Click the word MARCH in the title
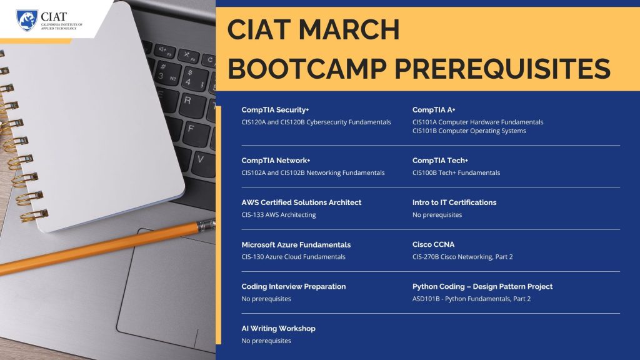pyautogui.click(x=349, y=30)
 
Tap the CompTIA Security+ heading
pyautogui.click(x=275, y=110)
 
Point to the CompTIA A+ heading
pyautogui.click(x=434, y=110)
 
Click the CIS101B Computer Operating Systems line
pyautogui.click(x=469, y=131)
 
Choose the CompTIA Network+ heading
pyautogui.click(x=276, y=161)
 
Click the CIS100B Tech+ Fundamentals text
pyautogui.click(x=456, y=172)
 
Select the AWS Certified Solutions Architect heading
pyautogui.click(x=301, y=202)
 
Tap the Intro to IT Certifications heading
pyautogui.click(x=454, y=202)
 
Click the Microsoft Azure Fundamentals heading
pyautogui.click(x=296, y=245)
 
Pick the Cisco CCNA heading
pyautogui.click(x=433, y=244)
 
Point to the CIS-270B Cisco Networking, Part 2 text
pyautogui.click(x=462, y=257)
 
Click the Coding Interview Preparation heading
pyautogui.click(x=294, y=286)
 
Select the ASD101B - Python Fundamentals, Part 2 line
pyautogui.click(x=471, y=299)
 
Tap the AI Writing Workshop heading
pyautogui.click(x=278, y=329)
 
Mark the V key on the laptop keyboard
pyautogui.click(x=200, y=161)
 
